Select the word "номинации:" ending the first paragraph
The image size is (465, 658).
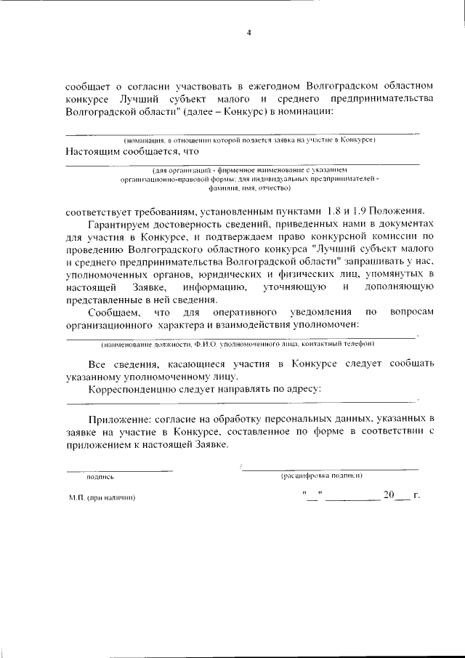click(307, 112)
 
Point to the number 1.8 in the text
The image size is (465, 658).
click(337, 212)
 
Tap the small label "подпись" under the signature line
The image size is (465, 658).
click(100, 478)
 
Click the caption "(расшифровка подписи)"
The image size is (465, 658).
click(321, 476)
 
